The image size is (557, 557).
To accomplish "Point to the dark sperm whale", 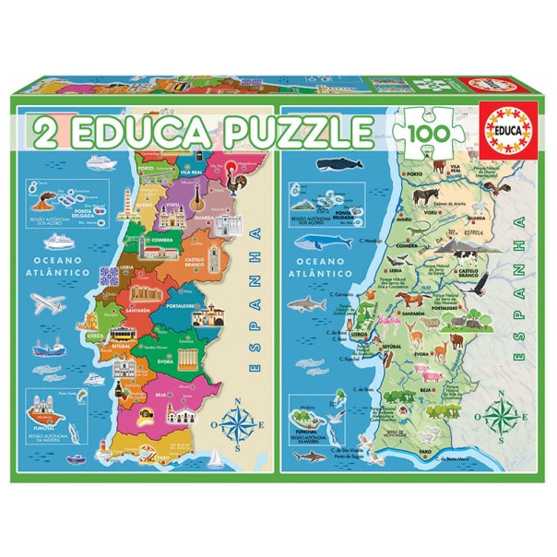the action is [x=329, y=166].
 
